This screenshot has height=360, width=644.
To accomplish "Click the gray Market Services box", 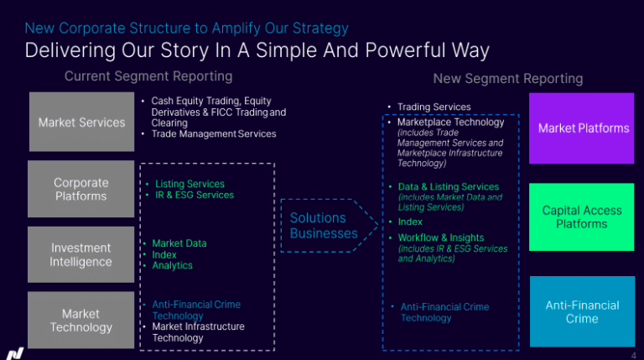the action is (x=81, y=122).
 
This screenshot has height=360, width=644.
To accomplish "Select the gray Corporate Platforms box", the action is (x=80, y=189).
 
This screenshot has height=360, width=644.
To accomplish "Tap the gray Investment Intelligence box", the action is (x=80, y=254).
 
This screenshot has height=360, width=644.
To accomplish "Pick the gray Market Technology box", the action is (x=80, y=320).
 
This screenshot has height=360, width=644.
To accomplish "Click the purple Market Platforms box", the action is (x=582, y=128).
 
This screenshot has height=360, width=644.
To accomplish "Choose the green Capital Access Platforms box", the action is (x=582, y=217).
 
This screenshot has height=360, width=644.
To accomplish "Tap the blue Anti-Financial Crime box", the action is (x=582, y=311).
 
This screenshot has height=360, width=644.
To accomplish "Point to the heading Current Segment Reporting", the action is (x=148, y=76).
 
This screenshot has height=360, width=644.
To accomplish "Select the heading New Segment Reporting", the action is (x=508, y=79).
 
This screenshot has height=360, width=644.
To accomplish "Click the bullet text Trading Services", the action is (x=434, y=107).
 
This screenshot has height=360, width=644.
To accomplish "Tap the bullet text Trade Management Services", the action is (x=214, y=134).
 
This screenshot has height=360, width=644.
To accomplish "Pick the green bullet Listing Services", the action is (x=190, y=184).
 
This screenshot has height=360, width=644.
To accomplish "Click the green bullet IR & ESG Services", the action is (x=195, y=195).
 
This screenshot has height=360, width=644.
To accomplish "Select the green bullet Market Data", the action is (x=179, y=243).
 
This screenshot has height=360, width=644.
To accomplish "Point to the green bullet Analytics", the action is (x=172, y=265).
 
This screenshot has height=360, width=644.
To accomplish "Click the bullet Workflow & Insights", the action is (x=441, y=237).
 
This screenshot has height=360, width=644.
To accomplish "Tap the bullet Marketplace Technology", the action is (x=450, y=122).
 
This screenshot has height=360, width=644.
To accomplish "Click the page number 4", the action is (x=633, y=356).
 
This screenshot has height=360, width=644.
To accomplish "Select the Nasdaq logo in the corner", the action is (x=14, y=353).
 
